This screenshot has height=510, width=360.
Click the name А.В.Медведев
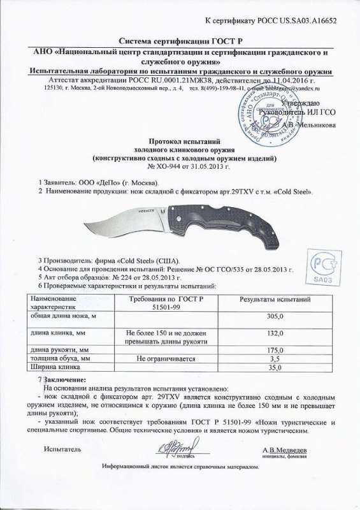tap(285, 451)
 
